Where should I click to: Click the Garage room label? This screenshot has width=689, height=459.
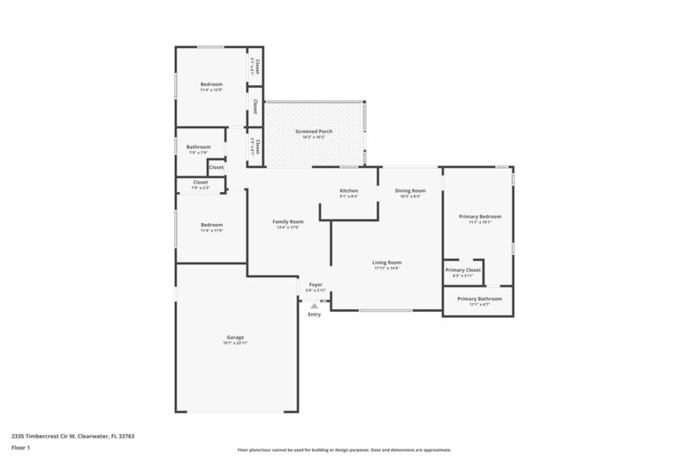236,337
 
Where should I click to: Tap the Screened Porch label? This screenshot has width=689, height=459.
313,131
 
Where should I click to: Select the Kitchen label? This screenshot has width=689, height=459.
349,190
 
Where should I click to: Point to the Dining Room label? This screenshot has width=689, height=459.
410,190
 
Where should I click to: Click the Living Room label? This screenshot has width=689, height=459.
387,263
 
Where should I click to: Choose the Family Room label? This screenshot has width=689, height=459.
289,221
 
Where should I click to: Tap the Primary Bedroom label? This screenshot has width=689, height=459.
480,216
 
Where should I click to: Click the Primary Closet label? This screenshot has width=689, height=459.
463,270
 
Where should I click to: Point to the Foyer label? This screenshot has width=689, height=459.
314,284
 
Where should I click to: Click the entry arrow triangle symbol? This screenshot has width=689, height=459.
314,305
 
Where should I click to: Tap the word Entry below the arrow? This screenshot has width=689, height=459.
314,315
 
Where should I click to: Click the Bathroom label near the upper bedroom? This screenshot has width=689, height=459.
198,147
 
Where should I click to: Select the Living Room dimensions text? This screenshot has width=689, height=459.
387,269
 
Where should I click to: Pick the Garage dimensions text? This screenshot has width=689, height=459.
236,343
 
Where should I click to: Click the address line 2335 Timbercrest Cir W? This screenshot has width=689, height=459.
73,436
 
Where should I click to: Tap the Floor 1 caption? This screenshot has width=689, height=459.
22,448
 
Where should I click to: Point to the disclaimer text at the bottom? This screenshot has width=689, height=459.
344,450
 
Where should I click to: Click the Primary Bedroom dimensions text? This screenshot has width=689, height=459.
480,222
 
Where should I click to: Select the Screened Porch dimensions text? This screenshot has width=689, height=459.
313,137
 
